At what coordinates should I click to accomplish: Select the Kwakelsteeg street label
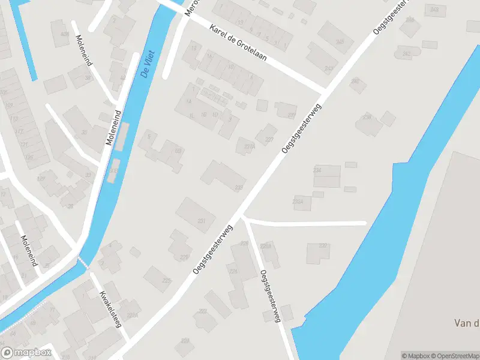tap(110, 308)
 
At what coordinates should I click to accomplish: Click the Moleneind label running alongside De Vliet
tap(113, 127)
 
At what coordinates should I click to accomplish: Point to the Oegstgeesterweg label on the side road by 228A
tap(271, 296)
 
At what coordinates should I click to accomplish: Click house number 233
tap(239, 188)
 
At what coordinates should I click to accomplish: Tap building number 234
tap(317, 170)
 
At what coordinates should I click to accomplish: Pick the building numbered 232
tap(323, 246)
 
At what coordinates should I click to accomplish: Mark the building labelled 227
tap(269, 139)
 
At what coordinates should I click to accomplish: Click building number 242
tap(406, 54)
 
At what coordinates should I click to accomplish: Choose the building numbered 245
tap(340, 41)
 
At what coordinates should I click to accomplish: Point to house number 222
tap(203, 311)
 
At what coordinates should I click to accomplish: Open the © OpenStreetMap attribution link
tap(454, 355)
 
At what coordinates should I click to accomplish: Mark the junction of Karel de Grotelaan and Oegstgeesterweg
tap(324, 90)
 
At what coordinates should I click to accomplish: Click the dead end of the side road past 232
tap(364, 223)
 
